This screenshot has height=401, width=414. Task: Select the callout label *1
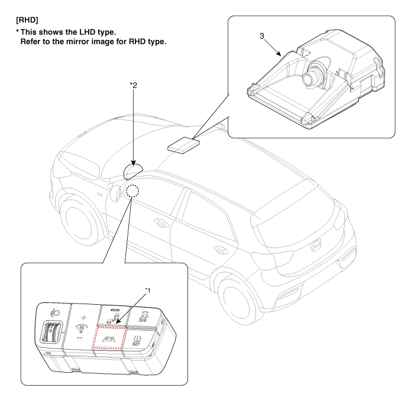tap(148, 290)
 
